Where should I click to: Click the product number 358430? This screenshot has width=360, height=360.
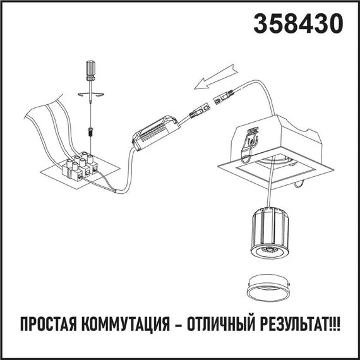click(299, 23)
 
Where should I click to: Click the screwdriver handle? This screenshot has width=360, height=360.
click(89, 71)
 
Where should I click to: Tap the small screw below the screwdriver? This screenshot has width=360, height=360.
click(90, 132)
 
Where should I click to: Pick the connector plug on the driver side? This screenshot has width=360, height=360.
click(199, 112)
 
